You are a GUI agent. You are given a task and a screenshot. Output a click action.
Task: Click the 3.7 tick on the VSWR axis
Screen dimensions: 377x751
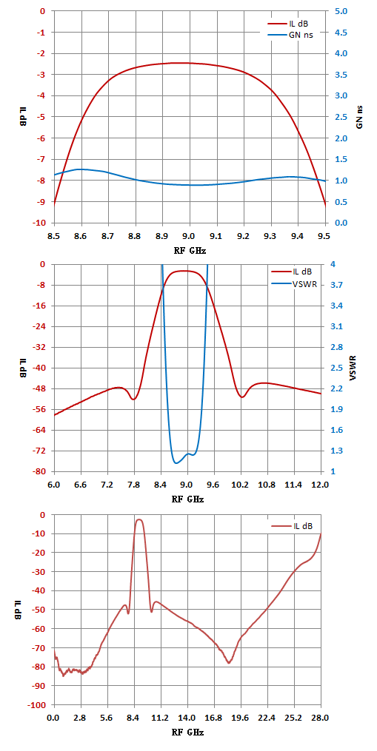coord(335,285)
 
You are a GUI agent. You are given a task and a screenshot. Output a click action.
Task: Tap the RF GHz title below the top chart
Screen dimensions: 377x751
coord(190,249)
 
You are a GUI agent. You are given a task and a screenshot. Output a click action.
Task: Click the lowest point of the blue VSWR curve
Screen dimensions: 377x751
coord(176,463)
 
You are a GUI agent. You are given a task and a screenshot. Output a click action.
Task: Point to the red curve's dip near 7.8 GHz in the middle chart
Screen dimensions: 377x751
coord(133,400)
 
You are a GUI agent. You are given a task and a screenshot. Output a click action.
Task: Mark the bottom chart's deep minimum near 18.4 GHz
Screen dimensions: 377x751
coord(230,663)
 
